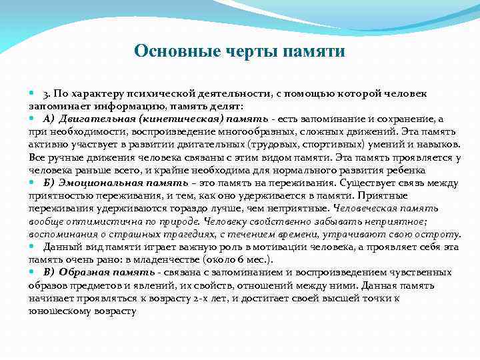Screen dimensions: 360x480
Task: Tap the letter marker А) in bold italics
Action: [50, 119]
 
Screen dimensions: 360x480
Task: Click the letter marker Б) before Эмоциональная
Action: [50, 182]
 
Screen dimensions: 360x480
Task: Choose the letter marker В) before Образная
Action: [49, 271]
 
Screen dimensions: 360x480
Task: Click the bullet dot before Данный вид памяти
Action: [33, 246]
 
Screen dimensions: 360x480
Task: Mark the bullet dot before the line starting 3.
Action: [33, 94]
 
